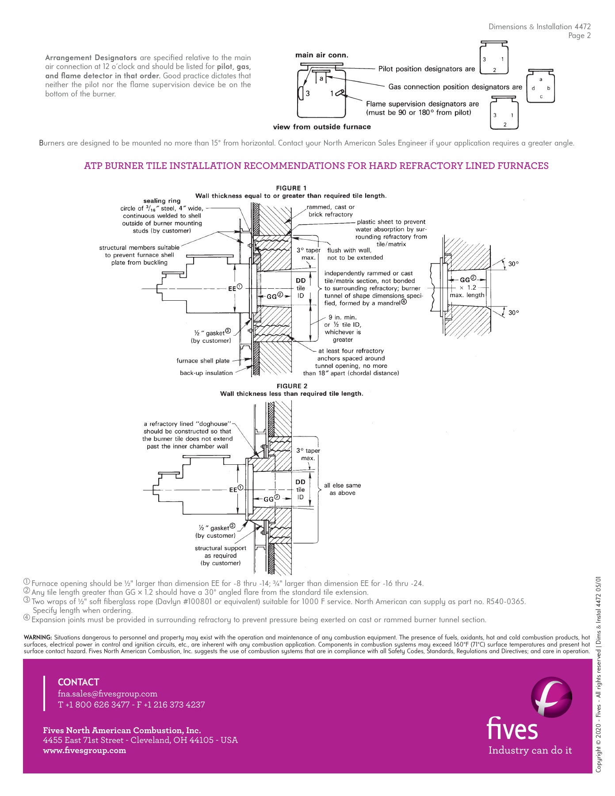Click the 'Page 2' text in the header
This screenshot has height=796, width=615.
579,36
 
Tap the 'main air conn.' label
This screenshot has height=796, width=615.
321,55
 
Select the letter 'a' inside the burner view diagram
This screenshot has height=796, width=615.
321,78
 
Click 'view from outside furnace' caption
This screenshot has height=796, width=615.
321,127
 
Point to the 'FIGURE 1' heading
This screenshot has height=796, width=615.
291,188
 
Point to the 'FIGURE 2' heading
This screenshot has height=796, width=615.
292,386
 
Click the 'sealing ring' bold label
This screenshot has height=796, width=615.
162,201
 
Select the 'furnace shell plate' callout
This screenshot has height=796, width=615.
203,361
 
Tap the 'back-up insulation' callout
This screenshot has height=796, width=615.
206,373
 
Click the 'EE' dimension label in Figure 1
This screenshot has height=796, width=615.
233,288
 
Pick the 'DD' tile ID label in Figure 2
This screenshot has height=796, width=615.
300,482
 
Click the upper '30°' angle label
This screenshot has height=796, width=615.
513,264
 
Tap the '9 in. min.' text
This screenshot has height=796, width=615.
342,318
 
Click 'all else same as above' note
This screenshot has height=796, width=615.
342,489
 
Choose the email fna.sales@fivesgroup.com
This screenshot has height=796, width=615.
107,694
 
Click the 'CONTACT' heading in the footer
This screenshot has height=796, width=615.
78,682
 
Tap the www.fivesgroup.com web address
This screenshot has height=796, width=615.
84,750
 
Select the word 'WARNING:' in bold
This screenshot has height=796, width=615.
38,638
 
